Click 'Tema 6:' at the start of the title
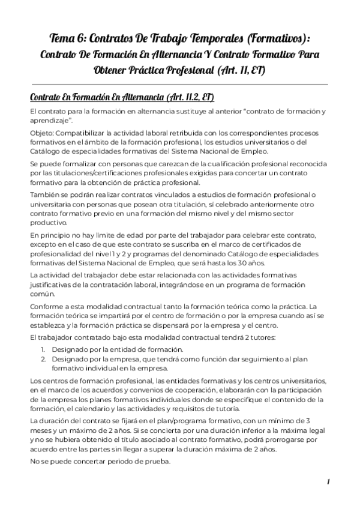pos(67,37)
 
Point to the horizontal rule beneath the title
pos(179,84)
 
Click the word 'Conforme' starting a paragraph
pos(47,306)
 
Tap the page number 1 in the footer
pos(329,481)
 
